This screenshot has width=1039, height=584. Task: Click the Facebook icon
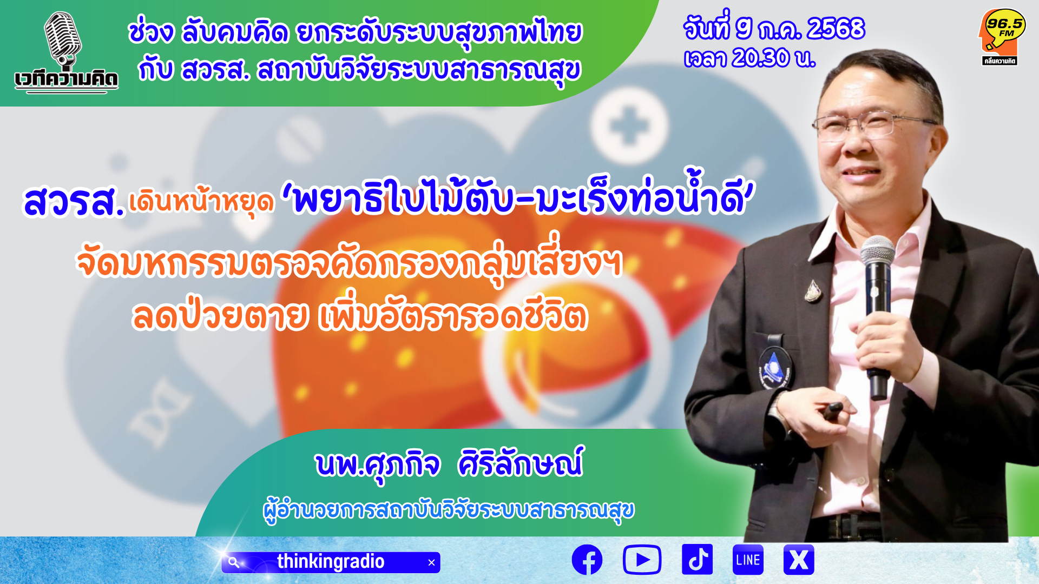587,560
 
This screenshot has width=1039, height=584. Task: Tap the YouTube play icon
642,560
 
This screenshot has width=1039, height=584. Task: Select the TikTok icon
697,559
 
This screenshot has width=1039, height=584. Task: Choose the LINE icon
748,560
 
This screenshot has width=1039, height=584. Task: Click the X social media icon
799,560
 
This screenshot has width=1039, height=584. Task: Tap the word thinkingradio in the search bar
331,562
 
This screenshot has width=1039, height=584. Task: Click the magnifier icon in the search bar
234,562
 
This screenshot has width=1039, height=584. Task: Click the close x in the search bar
431,563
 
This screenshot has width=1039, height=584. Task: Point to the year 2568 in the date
836,28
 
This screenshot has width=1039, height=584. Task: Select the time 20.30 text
760,58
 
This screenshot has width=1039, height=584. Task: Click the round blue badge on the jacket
775,366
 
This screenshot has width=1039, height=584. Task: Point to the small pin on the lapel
812,291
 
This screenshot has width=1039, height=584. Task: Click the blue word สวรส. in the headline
74,201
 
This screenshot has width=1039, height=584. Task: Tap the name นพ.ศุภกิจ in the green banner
378,464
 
